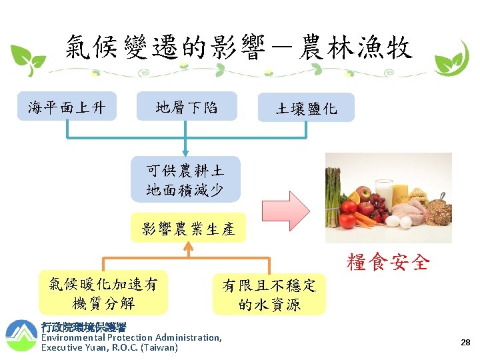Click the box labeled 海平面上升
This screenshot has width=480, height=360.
tap(67, 107)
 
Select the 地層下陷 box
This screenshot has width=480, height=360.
tap(187, 107)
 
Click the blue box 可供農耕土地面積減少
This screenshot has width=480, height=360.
tap(185, 179)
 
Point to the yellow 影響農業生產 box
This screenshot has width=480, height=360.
tap(188, 229)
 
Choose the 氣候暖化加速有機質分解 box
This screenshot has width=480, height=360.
tap(103, 293)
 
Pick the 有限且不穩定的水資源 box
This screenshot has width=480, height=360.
tap(269, 295)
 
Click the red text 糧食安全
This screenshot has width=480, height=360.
tap(387, 263)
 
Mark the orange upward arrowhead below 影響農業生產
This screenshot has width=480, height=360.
tap(189, 248)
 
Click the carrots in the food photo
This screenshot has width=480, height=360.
tap(366, 219)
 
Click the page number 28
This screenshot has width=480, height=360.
tap(465, 343)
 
